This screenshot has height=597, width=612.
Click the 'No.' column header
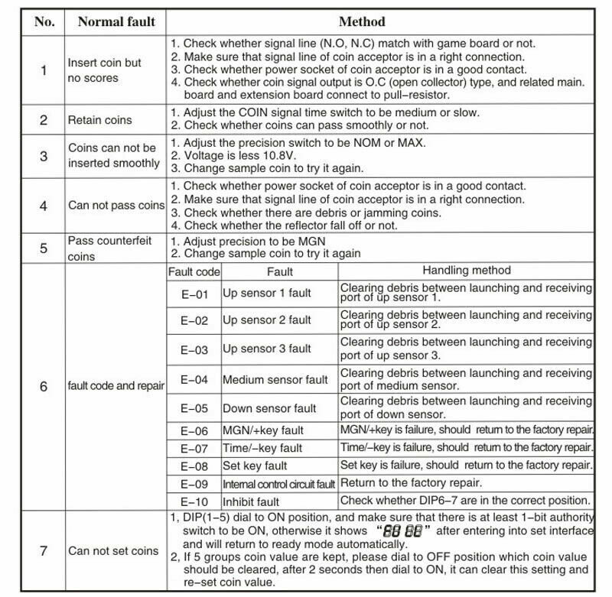(44, 21)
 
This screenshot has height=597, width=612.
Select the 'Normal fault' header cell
(116, 21)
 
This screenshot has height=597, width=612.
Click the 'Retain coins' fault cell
(99, 120)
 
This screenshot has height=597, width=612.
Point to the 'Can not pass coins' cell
(116, 205)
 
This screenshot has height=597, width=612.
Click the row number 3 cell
(44, 156)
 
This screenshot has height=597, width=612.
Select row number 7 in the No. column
(44, 550)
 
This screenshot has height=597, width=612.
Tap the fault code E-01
(194, 294)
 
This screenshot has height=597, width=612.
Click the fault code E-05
(194, 408)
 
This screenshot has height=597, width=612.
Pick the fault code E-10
(194, 501)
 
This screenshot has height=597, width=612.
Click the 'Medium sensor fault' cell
(275, 379)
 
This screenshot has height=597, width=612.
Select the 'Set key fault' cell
(255, 466)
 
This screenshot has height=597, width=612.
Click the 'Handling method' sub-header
(466, 271)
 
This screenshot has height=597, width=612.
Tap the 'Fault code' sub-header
(194, 271)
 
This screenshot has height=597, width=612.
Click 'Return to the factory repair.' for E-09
(411, 482)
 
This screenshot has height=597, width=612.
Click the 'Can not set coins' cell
(113, 550)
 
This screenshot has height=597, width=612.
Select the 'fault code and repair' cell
(116, 386)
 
